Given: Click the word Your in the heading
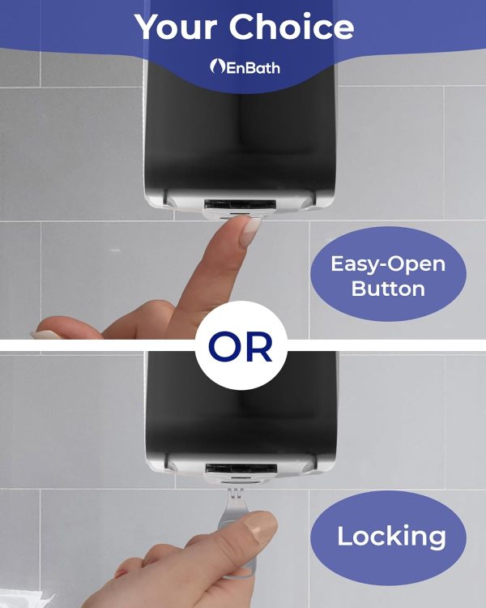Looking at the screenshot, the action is [x=177, y=26].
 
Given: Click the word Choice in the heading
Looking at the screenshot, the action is [x=292, y=26].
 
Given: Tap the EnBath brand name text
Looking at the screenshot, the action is [x=252, y=68].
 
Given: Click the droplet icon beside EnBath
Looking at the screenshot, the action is [x=217, y=66].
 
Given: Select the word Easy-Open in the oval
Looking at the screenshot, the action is [x=388, y=264].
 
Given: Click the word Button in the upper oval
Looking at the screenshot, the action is [x=388, y=289].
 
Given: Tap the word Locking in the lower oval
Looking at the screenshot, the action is [x=391, y=537].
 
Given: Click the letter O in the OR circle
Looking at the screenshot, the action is [x=225, y=346].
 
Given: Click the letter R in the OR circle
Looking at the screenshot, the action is [x=259, y=346].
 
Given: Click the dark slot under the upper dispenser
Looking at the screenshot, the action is [x=241, y=205].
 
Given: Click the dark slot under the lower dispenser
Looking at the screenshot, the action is [x=241, y=469].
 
